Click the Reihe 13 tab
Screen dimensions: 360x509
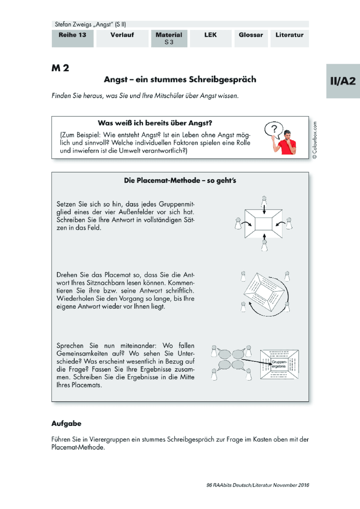73,39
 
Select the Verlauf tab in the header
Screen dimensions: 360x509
122,39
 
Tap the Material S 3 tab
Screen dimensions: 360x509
169,39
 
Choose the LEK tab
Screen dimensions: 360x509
211,39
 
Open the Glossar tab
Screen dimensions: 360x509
251,39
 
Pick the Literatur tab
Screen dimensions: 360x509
290,39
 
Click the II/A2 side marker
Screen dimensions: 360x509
343,81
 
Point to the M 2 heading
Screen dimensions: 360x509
60,68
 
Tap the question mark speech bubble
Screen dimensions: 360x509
274,130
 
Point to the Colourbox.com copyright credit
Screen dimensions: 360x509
315,140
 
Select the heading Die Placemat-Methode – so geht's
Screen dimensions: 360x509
180,180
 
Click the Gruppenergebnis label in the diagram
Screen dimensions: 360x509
279,364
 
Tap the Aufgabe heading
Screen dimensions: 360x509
66,424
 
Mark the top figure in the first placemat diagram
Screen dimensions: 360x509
264,201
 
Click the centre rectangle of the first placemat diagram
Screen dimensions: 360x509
263,224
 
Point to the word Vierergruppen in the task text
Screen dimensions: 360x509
109,439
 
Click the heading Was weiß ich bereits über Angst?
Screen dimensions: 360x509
155,123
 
